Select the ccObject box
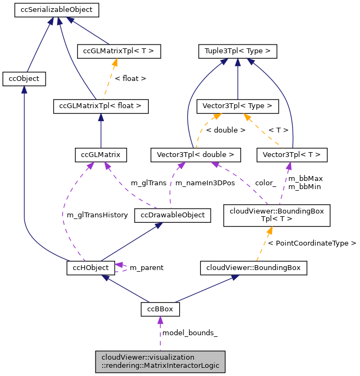[24, 79]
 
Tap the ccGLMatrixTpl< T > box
[119, 52]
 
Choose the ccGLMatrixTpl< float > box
[100, 106]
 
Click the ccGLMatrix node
[101, 155]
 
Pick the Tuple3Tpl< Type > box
[237, 52]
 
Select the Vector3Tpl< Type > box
[237, 106]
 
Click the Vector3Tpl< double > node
[195, 155]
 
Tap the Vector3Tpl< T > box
[292, 155]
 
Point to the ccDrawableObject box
[172, 215]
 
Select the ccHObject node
[91, 267]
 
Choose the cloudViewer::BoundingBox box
[254, 267]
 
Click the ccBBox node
[160, 309]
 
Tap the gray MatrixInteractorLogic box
[160, 361]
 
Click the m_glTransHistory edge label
[97, 215]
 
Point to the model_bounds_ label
[190, 333]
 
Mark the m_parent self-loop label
[146, 268]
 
